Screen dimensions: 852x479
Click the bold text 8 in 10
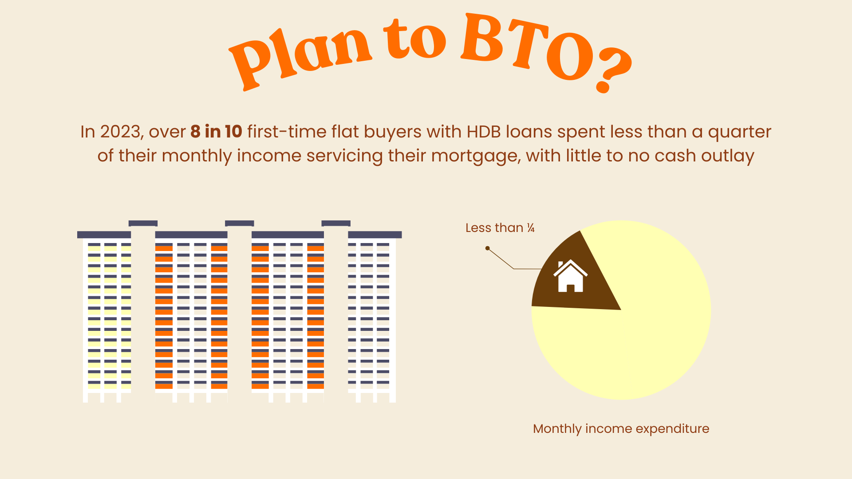(216, 132)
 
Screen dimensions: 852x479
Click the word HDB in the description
(484, 132)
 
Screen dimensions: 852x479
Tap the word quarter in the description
(740, 132)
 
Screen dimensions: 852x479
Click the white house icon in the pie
(570, 276)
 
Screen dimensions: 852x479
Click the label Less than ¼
(500, 228)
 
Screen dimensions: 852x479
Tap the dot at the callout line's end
(487, 248)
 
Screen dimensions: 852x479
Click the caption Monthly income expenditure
(621, 429)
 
